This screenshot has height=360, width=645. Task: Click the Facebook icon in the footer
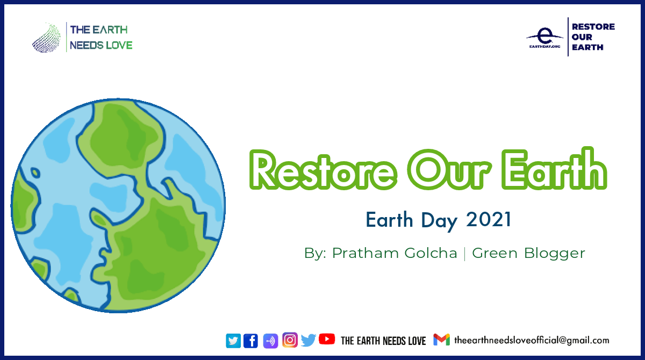coord(250,341)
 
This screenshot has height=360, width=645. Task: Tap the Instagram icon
coord(290,340)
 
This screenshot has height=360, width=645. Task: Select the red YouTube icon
coord(327,339)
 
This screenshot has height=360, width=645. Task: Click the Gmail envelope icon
coord(441,340)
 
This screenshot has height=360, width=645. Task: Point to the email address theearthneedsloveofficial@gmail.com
coord(532,340)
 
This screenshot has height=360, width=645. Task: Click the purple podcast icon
coord(270,341)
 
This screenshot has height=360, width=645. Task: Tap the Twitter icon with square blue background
coord(233,341)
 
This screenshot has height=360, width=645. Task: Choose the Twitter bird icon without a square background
coord(309,340)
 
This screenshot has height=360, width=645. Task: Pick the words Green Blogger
coord(528,253)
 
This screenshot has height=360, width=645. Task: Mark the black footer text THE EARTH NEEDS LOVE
coord(383,341)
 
